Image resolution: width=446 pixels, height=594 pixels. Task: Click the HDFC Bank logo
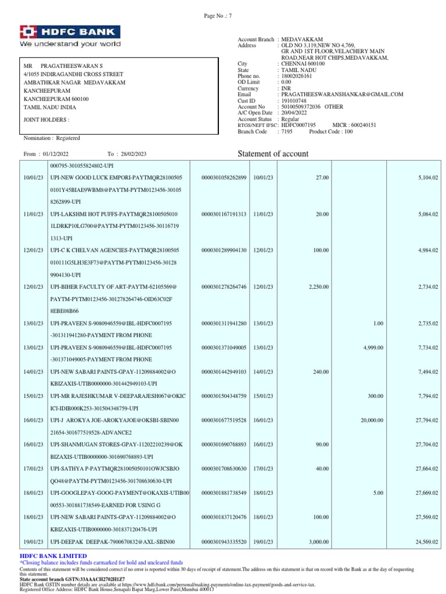pos(70,35)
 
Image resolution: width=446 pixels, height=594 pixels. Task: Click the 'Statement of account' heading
pos(274,154)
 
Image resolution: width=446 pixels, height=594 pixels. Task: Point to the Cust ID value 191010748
pos(293,100)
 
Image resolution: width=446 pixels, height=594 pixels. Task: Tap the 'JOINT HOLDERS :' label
pos(46,119)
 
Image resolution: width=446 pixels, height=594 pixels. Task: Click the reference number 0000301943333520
pos(224,542)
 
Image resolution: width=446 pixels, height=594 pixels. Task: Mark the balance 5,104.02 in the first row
pos(427,177)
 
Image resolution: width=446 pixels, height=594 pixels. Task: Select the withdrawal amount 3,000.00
pos(318,542)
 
